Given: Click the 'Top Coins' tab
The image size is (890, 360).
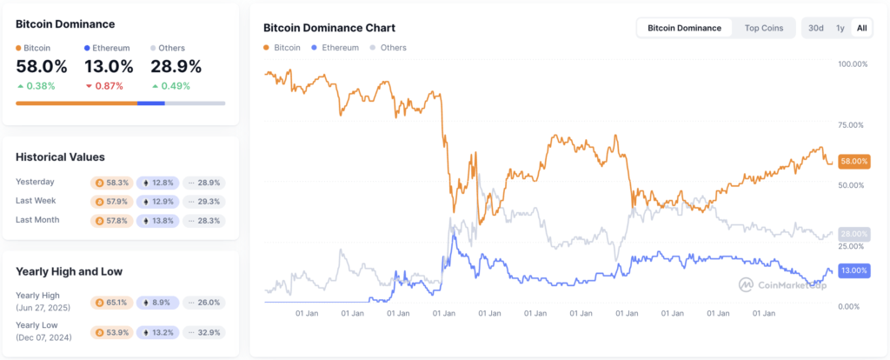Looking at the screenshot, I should coord(763,28).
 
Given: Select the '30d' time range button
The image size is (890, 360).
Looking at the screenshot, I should coord(815,28).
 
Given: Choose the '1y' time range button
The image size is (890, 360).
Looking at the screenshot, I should coord(840,28).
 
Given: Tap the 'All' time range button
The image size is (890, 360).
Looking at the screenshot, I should coord(861,28).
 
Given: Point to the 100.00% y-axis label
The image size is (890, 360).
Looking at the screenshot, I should coord(852,64).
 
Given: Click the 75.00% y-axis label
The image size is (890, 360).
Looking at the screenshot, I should coord(850,125).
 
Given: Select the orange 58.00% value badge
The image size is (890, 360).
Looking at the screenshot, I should coord(854,161).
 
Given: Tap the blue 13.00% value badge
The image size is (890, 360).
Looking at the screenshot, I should coord(854,270).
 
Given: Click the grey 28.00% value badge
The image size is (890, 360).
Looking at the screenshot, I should coord(854,234).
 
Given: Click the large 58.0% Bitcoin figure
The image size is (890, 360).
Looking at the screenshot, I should coord(41,66).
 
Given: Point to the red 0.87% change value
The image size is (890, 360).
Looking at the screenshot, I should coord(109,86).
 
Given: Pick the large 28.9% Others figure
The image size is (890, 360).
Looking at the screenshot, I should coord(176,66).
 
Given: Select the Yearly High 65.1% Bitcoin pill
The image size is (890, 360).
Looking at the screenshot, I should coord(110,303).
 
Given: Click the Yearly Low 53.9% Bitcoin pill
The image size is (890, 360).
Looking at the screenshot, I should coord(110,332).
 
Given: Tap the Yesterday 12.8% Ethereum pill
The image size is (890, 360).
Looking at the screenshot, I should coord(157,183).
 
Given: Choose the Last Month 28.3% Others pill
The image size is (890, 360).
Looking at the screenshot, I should coord(204,221).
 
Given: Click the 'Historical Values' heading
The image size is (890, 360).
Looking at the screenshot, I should coord(60,157).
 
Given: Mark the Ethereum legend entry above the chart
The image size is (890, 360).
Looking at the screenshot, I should coord(334,48).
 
